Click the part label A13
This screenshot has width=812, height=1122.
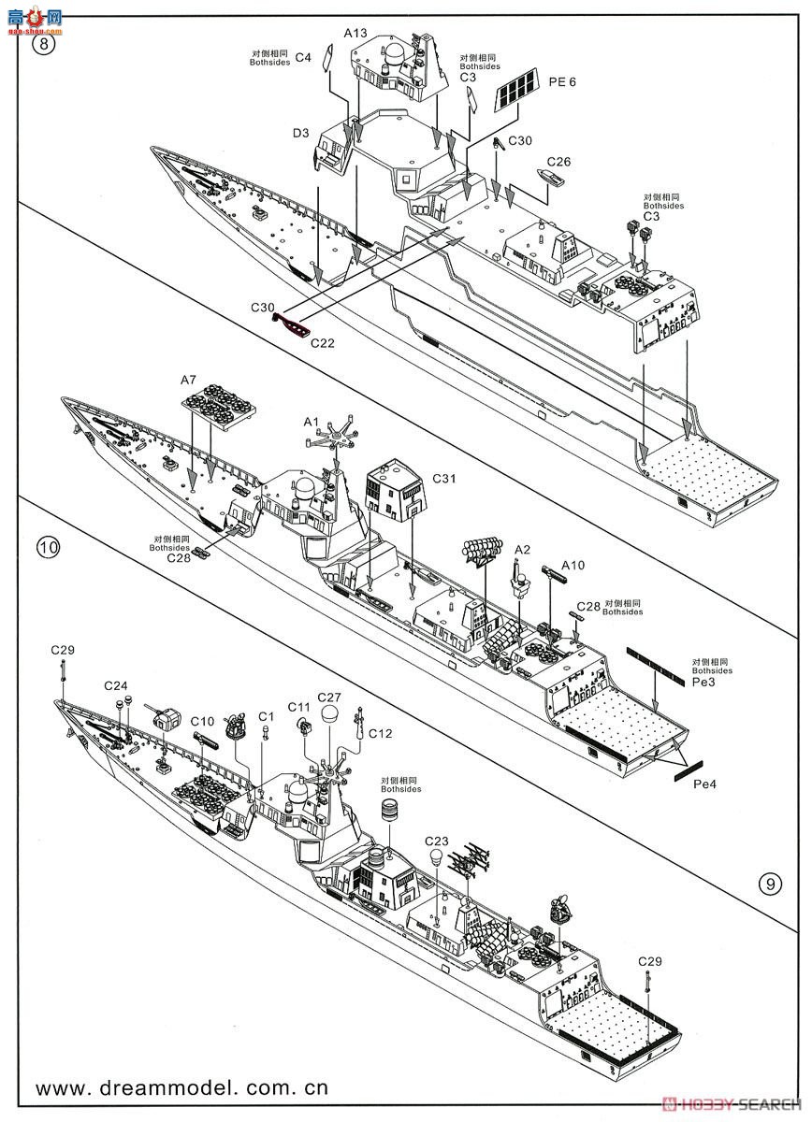point(355,33)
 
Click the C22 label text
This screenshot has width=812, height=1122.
point(323,342)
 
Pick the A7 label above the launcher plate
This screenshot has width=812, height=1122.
point(188,380)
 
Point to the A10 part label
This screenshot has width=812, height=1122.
point(573,565)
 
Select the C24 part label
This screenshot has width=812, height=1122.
point(115,684)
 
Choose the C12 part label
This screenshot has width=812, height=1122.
point(380,733)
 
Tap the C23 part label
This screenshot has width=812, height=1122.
point(436,840)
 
